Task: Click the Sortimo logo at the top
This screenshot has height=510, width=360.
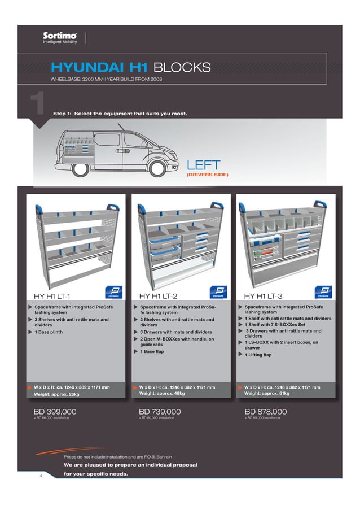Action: point(60,38)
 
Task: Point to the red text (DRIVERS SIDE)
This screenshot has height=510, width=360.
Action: point(207,175)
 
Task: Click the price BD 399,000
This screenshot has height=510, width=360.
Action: point(55,412)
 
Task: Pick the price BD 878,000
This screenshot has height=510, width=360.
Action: point(265,412)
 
